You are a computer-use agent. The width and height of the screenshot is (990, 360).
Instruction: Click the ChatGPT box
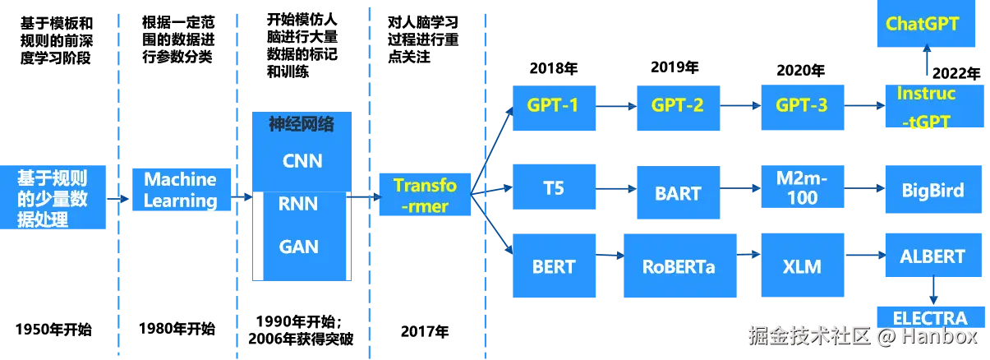click(926, 24)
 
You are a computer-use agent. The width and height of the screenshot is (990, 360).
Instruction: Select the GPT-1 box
click(554, 108)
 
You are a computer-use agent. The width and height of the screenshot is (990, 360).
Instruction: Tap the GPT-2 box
click(678, 108)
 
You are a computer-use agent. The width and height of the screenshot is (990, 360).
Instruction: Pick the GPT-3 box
click(802, 108)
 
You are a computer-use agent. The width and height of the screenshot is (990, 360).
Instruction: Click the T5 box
click(554, 187)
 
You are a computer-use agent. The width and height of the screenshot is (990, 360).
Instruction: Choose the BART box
click(678, 192)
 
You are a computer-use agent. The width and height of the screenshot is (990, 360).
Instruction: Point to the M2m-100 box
click(802, 187)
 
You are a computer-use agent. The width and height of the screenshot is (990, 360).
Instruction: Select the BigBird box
click(933, 189)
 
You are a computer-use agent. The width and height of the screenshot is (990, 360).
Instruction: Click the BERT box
click(554, 265)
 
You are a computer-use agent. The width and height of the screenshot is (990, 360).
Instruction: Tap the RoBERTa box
click(679, 265)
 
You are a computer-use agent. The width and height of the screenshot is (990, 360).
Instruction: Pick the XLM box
click(802, 265)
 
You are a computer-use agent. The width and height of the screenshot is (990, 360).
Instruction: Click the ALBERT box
click(933, 255)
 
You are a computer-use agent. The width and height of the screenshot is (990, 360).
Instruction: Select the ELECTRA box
click(931, 317)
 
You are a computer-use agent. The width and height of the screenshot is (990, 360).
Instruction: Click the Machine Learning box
click(182, 190)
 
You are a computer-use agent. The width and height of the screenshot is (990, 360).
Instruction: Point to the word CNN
click(302, 161)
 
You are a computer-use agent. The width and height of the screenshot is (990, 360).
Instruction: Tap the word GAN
click(299, 247)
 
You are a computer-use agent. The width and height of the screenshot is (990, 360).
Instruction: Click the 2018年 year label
click(554, 68)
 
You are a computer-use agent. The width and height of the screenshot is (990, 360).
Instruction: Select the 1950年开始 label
click(53, 330)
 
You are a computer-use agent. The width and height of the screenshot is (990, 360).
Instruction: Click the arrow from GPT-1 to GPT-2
click(616, 106)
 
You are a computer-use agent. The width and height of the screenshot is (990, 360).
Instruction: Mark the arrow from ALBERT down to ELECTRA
click(933, 290)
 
